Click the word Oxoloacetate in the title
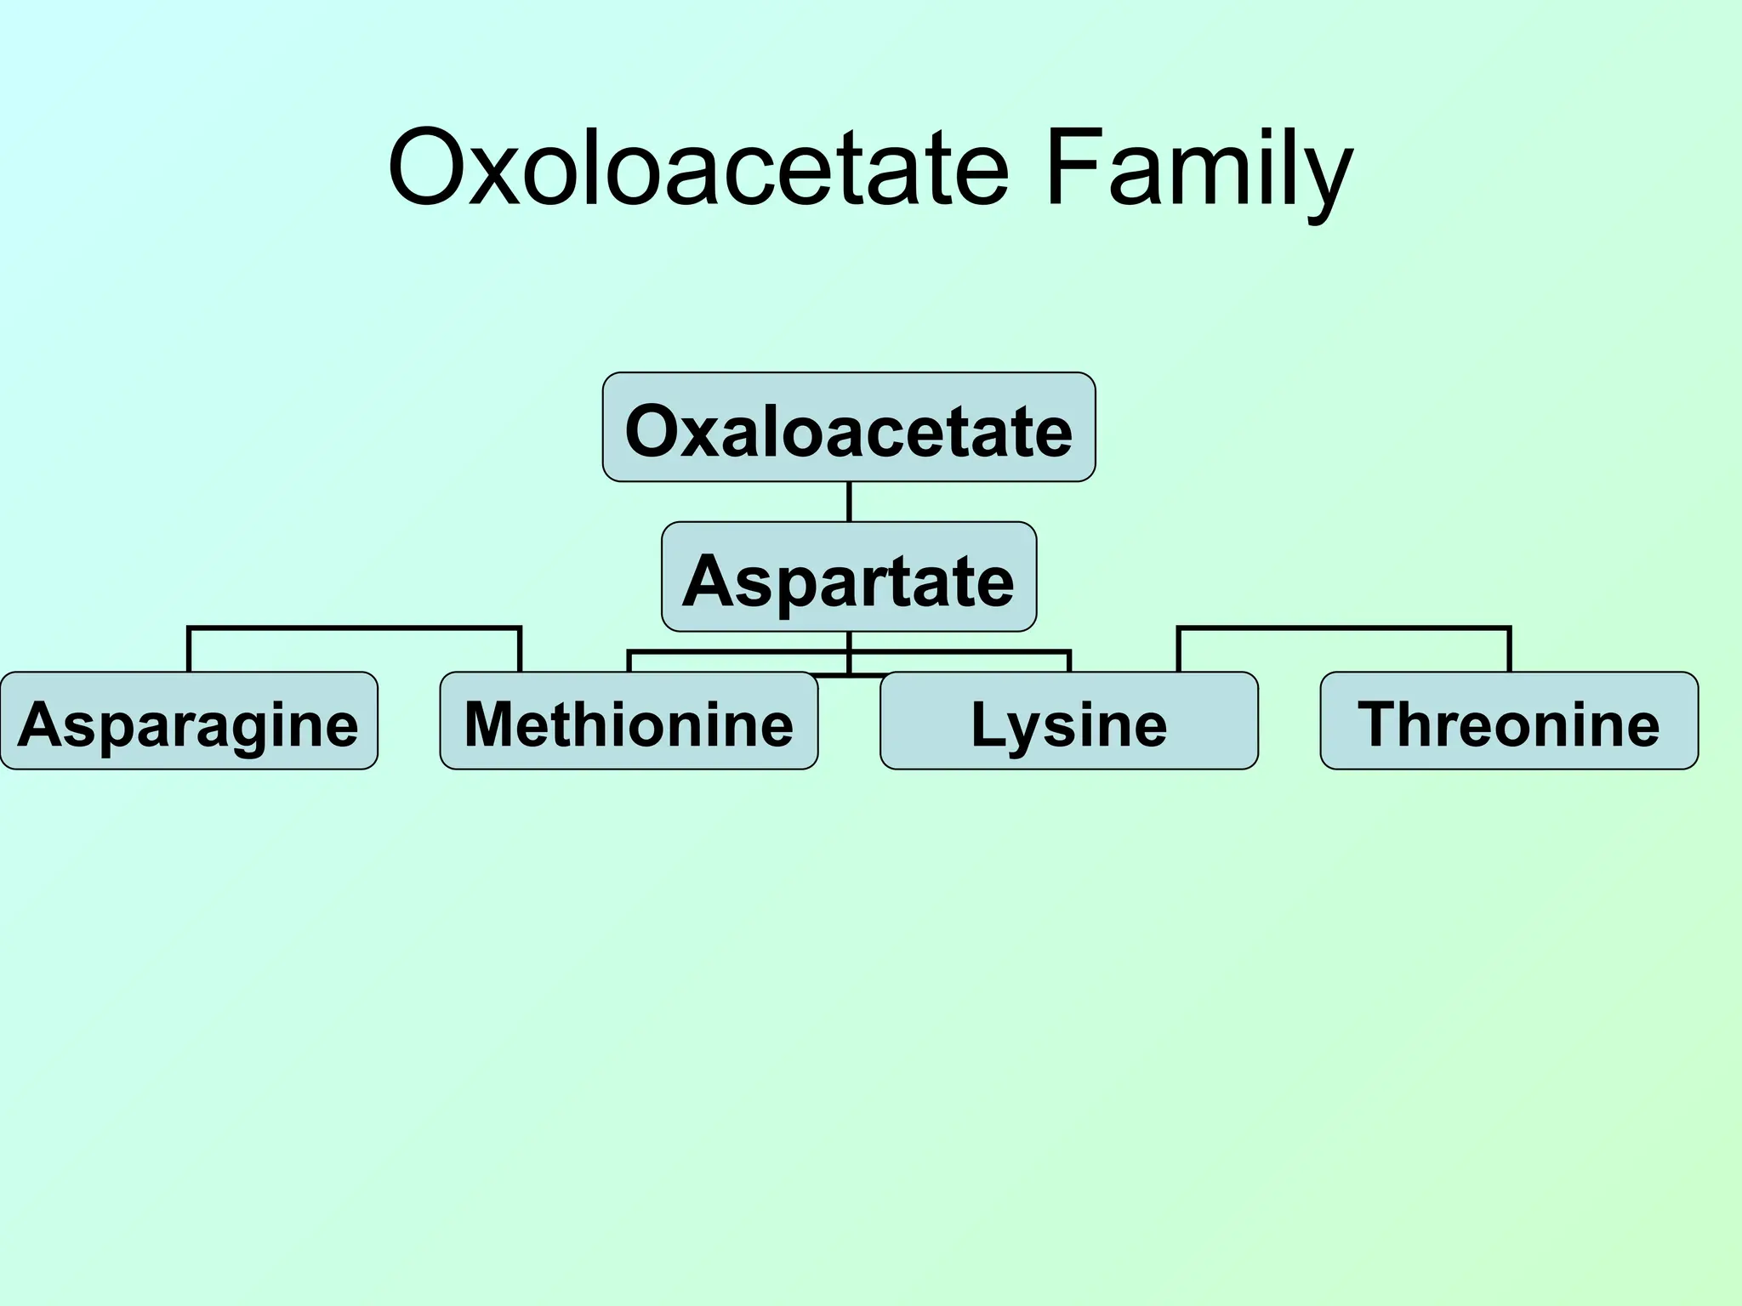(697, 168)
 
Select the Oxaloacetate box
(849, 428)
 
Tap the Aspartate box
(849, 577)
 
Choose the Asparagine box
(189, 721)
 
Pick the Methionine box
(629, 721)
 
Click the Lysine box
(1069, 721)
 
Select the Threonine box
(1509, 721)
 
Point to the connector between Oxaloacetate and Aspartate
(849, 502)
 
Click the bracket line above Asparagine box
(354, 628)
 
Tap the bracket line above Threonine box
(1344, 628)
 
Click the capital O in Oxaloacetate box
(653, 431)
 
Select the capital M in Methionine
(488, 724)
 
